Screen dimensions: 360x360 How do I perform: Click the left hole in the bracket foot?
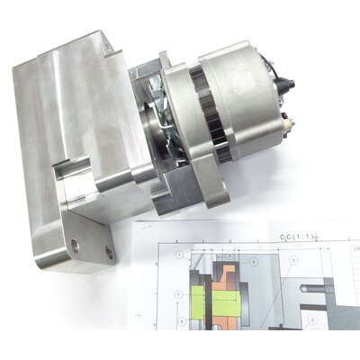pos(75,244)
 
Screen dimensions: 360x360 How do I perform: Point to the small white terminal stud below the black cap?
pos(286,118)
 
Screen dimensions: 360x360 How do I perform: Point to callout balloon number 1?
pos(184,258)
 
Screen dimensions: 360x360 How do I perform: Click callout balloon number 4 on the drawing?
pos(254,262)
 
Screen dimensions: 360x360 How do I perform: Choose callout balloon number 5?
pos(292,262)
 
